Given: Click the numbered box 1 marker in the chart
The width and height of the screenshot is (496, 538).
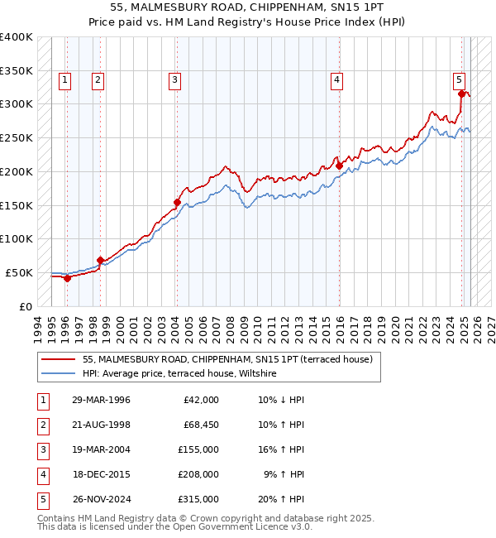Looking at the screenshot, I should pyautogui.click(x=64, y=80).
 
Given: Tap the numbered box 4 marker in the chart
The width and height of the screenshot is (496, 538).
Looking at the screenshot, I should pyautogui.click(x=337, y=80).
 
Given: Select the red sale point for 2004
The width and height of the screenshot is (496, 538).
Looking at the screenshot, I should pyautogui.click(x=177, y=202).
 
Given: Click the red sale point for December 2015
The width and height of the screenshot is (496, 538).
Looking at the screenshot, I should pyautogui.click(x=340, y=166).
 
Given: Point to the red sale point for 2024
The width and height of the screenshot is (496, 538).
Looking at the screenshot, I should pyautogui.click(x=461, y=94).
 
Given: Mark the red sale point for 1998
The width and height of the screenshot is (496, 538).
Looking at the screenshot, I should pyautogui.click(x=100, y=260).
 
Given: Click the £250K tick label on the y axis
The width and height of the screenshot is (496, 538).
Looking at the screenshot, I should pyautogui.click(x=17, y=137).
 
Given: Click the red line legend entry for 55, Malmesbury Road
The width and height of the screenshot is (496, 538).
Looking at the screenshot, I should pyautogui.click(x=227, y=359).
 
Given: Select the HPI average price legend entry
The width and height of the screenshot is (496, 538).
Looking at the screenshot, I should pyautogui.click(x=179, y=374).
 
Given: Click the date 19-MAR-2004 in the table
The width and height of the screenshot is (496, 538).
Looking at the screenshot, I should pyautogui.click(x=101, y=449).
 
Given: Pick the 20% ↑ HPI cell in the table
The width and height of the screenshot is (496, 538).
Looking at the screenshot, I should pyautogui.click(x=281, y=499).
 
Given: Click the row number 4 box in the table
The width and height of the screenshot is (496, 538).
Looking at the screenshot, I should pyautogui.click(x=41, y=474).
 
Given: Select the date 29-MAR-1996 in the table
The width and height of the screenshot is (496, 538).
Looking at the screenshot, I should pyautogui.click(x=101, y=400).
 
